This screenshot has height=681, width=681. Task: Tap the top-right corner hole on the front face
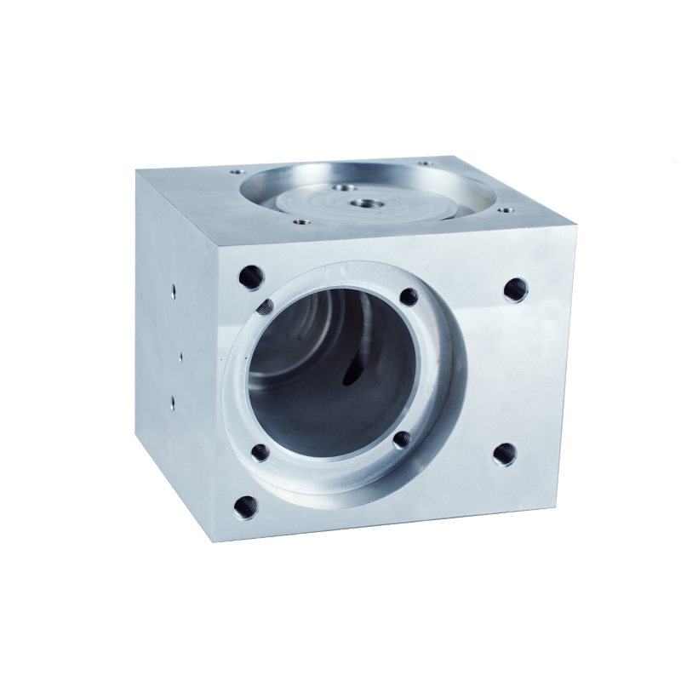[515, 289]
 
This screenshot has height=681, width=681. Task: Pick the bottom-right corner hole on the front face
[504, 455]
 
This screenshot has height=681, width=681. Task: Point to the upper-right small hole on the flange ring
[409, 297]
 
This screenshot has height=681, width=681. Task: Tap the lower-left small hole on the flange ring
[260, 452]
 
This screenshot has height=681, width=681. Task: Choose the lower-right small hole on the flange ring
[402, 440]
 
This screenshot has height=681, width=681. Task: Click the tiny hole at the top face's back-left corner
[235, 171]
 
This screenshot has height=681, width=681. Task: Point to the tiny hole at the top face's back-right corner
[423, 162]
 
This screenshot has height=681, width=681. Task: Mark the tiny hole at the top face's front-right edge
[506, 209]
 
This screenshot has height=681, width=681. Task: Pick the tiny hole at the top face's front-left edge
[299, 223]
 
